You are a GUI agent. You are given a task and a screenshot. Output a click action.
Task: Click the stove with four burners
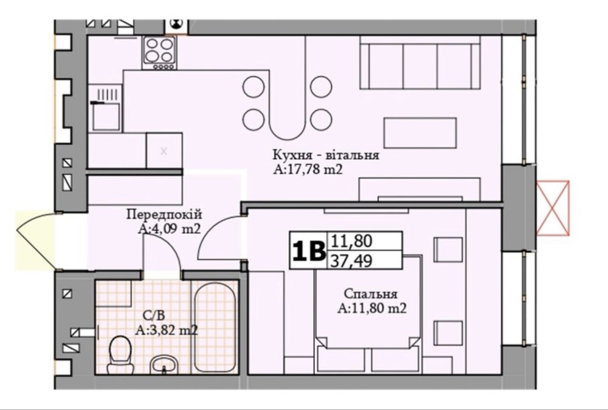(159, 53)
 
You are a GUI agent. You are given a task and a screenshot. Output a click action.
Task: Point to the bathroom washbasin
(164, 365)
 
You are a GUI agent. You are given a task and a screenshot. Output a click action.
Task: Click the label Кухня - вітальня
(326, 155)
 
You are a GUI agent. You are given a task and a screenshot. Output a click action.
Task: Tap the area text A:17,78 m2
(308, 169)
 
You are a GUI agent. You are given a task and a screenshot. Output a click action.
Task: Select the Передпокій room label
(164, 214)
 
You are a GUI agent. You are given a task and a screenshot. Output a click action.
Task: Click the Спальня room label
(370, 294)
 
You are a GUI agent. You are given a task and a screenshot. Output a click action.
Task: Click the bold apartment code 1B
(309, 251)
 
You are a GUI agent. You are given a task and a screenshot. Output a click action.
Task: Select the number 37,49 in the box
(351, 261)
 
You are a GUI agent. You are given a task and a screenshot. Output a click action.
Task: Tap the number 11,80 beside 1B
(351, 241)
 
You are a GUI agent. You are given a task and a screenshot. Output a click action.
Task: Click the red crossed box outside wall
(553, 208)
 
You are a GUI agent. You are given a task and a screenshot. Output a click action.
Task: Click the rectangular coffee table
(420, 133)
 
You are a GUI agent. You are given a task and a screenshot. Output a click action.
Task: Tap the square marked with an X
(164, 151)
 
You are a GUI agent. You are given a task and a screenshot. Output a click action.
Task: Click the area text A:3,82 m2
(167, 330)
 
